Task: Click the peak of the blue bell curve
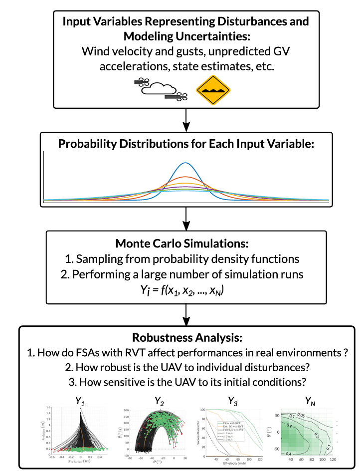click(185, 163)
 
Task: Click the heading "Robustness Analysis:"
click(185, 338)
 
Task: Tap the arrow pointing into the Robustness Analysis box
click(185, 314)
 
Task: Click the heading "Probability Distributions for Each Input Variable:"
click(185, 144)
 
